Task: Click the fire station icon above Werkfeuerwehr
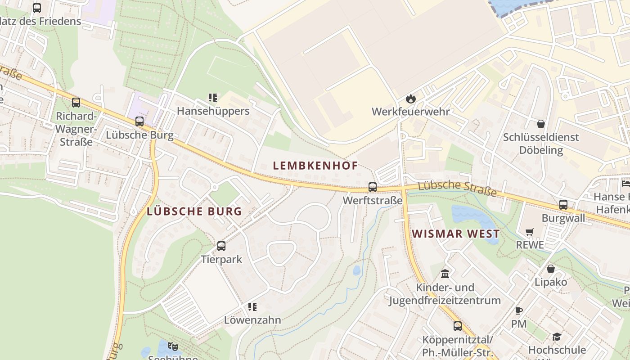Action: click(x=410, y=99)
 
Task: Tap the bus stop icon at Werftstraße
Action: click(x=373, y=187)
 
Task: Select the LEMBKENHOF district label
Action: click(x=315, y=166)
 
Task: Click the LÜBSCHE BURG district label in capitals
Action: click(x=194, y=211)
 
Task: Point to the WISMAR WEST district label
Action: click(x=455, y=234)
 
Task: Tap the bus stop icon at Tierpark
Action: click(x=221, y=246)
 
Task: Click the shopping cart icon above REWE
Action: click(x=530, y=232)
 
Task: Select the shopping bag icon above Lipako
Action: click(x=550, y=269)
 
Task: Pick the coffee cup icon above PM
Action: click(x=518, y=310)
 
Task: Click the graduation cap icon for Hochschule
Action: click(x=557, y=337)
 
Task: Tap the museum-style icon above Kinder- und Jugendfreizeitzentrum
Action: click(x=445, y=274)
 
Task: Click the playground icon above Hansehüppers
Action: click(x=213, y=98)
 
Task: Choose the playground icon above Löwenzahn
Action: click(x=252, y=307)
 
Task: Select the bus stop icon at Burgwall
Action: click(x=563, y=205)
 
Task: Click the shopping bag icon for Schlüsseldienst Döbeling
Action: click(x=541, y=124)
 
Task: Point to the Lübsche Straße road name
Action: click(x=457, y=189)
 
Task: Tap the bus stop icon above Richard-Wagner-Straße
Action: click(x=76, y=103)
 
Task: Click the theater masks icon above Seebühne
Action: click(x=172, y=346)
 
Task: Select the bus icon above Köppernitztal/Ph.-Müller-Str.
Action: click(x=458, y=326)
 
